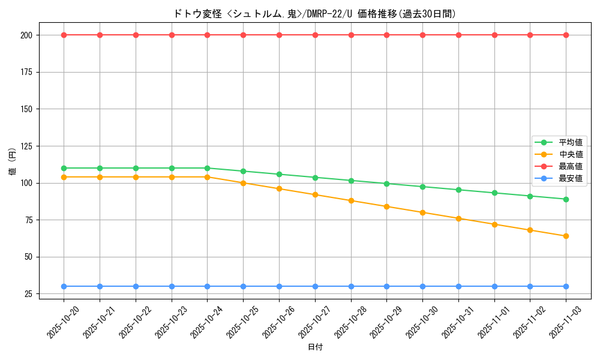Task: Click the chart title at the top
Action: pos(314,14)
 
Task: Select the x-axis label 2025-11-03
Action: pos(566,322)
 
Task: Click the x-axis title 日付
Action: pos(315,347)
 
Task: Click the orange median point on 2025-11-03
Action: pos(566,236)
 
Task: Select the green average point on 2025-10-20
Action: pos(64,168)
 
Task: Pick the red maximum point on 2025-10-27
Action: pos(315,35)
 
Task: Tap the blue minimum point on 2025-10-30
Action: pos(422,286)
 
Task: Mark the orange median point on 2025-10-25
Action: pos(243,183)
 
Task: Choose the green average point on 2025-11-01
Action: pos(494,193)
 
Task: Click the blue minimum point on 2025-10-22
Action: pos(136,286)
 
